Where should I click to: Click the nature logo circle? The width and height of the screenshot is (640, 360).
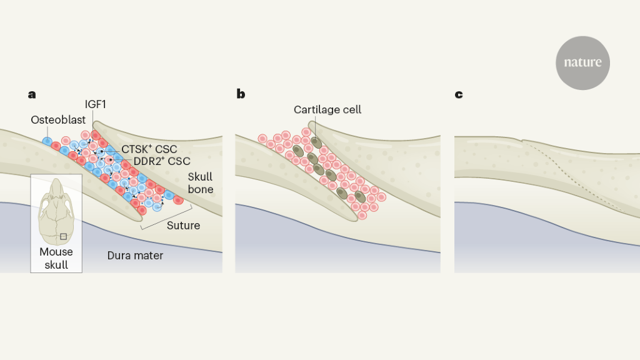coord(582,62)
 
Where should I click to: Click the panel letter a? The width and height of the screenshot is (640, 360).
coord(32,95)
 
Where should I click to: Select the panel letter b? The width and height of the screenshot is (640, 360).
coord(241,95)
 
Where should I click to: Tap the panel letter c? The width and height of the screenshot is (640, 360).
coord(459,95)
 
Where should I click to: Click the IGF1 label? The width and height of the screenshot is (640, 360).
coord(95,103)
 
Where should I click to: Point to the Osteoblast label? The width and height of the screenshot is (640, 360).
coord(58,119)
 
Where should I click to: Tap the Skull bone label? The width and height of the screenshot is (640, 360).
coord(201,183)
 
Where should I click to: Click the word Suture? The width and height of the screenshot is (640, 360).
coord(183,226)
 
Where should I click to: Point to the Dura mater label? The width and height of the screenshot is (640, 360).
coord(135,255)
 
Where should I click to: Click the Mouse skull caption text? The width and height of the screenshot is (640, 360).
coord(56,258)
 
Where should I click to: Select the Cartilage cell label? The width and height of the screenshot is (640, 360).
coord(327,110)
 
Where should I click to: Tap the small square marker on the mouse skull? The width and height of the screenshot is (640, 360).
coord(63,236)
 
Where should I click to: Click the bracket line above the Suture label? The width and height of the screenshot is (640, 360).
coord(166,216)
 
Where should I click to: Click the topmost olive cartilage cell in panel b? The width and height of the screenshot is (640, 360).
coord(316,142)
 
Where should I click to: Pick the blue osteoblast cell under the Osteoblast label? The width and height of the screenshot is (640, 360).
coord(47,141)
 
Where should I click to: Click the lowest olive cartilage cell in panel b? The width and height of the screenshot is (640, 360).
coord(360,197)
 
